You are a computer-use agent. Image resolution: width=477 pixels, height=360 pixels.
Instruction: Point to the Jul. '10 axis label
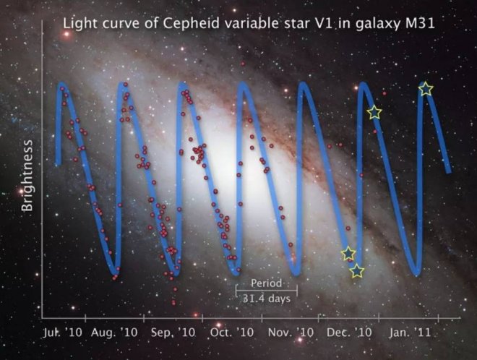pyautogui.click(x=62, y=333)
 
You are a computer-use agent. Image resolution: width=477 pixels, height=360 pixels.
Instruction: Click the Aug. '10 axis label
pyautogui.click(x=116, y=333)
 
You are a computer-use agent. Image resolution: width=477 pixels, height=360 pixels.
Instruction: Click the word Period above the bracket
pyautogui.click(x=266, y=283)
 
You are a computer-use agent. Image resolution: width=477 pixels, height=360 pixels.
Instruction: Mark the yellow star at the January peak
pyautogui.click(x=426, y=89)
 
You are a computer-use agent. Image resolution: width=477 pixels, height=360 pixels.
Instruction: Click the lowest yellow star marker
pyautogui.click(x=357, y=271)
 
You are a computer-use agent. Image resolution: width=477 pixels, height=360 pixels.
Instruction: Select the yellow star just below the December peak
pyautogui.click(x=374, y=112)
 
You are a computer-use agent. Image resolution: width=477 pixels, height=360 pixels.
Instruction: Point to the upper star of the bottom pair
pyautogui.click(x=348, y=253)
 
